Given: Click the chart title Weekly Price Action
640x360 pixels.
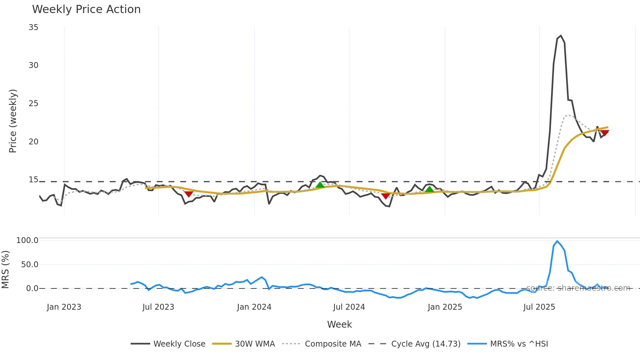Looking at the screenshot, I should [x=86, y=9].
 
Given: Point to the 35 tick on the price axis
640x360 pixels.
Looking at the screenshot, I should [x=33, y=27].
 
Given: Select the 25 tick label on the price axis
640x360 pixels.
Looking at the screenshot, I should [x=33, y=104].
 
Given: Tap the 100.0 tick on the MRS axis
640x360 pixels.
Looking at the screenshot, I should [x=27, y=240].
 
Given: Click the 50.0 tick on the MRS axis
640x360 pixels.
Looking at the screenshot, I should [x=30, y=265].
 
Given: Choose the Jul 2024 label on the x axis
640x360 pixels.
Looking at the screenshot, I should [x=349, y=307].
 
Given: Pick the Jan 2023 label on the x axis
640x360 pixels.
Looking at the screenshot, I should [x=64, y=307].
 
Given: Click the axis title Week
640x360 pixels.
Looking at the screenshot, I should [x=339, y=324].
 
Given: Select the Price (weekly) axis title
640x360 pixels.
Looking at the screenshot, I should [x=13, y=121].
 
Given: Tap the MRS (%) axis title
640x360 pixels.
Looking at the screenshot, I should [x=5, y=270].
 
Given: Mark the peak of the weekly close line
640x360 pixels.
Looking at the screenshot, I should [x=561, y=36].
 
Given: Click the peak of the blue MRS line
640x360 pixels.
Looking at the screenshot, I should [x=557, y=241].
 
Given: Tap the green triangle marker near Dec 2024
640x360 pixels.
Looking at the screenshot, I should [x=429, y=189].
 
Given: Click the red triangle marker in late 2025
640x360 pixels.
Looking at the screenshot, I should [x=604, y=133].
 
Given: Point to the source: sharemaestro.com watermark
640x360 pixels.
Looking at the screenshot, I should [x=578, y=288].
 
